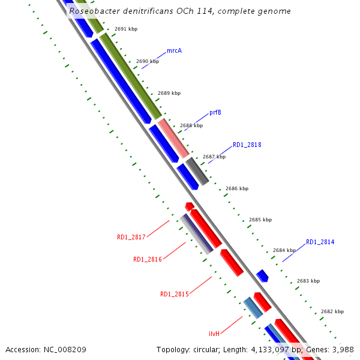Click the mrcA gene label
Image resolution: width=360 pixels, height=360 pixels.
pyautogui.click(x=174, y=50)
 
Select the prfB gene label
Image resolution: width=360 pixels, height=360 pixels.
pyautogui.click(x=215, y=113)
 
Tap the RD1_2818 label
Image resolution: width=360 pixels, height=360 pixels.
pyautogui.click(x=247, y=145)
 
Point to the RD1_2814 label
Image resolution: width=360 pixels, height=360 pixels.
pyautogui.click(x=320, y=242)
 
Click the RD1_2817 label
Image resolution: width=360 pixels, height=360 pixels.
pyautogui.click(x=131, y=238)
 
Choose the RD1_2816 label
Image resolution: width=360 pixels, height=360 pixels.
pyautogui.click(x=147, y=260)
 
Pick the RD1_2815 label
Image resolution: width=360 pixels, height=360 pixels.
pyautogui.click(x=174, y=295)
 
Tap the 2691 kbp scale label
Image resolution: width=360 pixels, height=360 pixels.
pyautogui.click(x=126, y=29)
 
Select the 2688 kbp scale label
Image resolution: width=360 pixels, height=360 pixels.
pyautogui.click(x=191, y=126)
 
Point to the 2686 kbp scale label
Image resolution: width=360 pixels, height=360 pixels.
pyautogui.click(x=237, y=188)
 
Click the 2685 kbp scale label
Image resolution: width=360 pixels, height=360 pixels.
pyautogui.click(x=260, y=220)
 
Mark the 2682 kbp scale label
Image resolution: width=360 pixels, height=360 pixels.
pyautogui.click(x=332, y=311)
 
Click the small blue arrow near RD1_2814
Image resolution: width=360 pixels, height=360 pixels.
pyautogui.click(x=262, y=275)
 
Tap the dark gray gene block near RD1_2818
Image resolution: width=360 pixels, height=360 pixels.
pyautogui.click(x=197, y=170)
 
